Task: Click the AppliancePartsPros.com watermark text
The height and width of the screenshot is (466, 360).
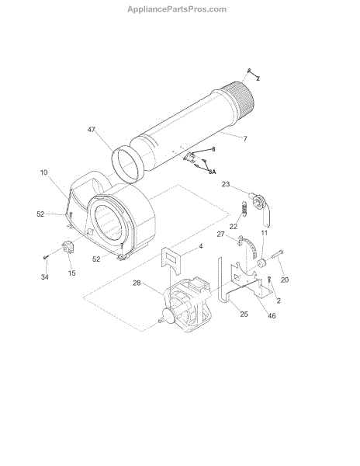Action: [x=177, y=9]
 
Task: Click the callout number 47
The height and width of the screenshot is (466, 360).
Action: [x=92, y=130]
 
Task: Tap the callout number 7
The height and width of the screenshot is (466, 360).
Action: [x=245, y=138]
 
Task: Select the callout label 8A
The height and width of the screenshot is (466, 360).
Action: [x=212, y=172]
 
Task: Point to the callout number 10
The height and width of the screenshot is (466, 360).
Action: [x=43, y=172]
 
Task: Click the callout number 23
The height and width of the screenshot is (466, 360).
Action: [x=226, y=184]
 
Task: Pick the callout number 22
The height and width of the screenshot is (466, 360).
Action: [x=234, y=227]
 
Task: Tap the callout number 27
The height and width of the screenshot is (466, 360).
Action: [x=220, y=235]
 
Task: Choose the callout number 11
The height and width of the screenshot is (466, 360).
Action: [x=264, y=233]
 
